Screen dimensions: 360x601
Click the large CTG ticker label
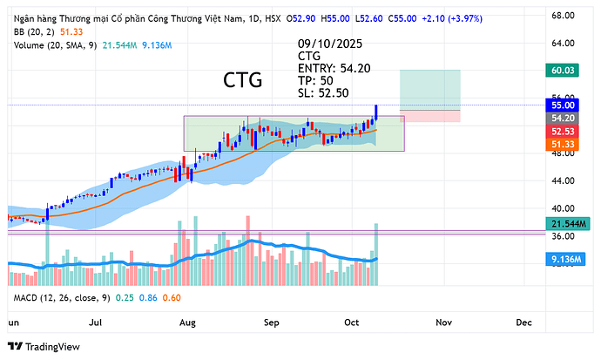pyautogui.click(x=243, y=80)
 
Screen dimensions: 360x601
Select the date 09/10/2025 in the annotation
pyautogui.click(x=331, y=42)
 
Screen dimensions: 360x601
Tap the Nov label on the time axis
pyautogui.click(x=443, y=322)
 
